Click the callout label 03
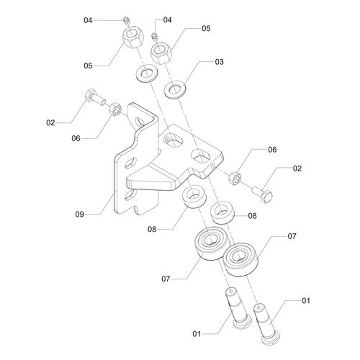tap(219, 62)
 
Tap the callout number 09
tap(80, 214)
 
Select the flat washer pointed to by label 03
tap(176, 89)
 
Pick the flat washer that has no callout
tap(146, 73)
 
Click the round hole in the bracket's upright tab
tap(138, 122)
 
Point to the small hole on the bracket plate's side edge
tap(212, 166)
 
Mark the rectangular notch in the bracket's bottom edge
tap(137, 209)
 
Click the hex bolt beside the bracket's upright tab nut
tap(95, 97)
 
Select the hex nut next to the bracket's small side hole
tap(235, 179)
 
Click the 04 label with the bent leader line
tap(168, 20)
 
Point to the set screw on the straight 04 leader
tap(127, 20)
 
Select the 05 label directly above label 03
tap(206, 29)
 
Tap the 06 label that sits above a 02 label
tap(272, 150)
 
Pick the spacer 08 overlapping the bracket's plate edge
tap(194, 197)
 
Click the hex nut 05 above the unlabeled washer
tap(133, 37)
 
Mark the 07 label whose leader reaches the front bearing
tap(292, 236)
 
